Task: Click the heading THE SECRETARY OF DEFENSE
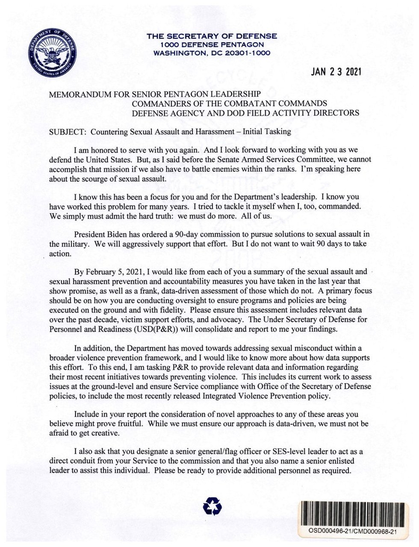(212, 36)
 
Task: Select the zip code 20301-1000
(246, 53)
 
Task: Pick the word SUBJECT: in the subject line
(68, 132)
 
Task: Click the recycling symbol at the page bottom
(212, 507)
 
